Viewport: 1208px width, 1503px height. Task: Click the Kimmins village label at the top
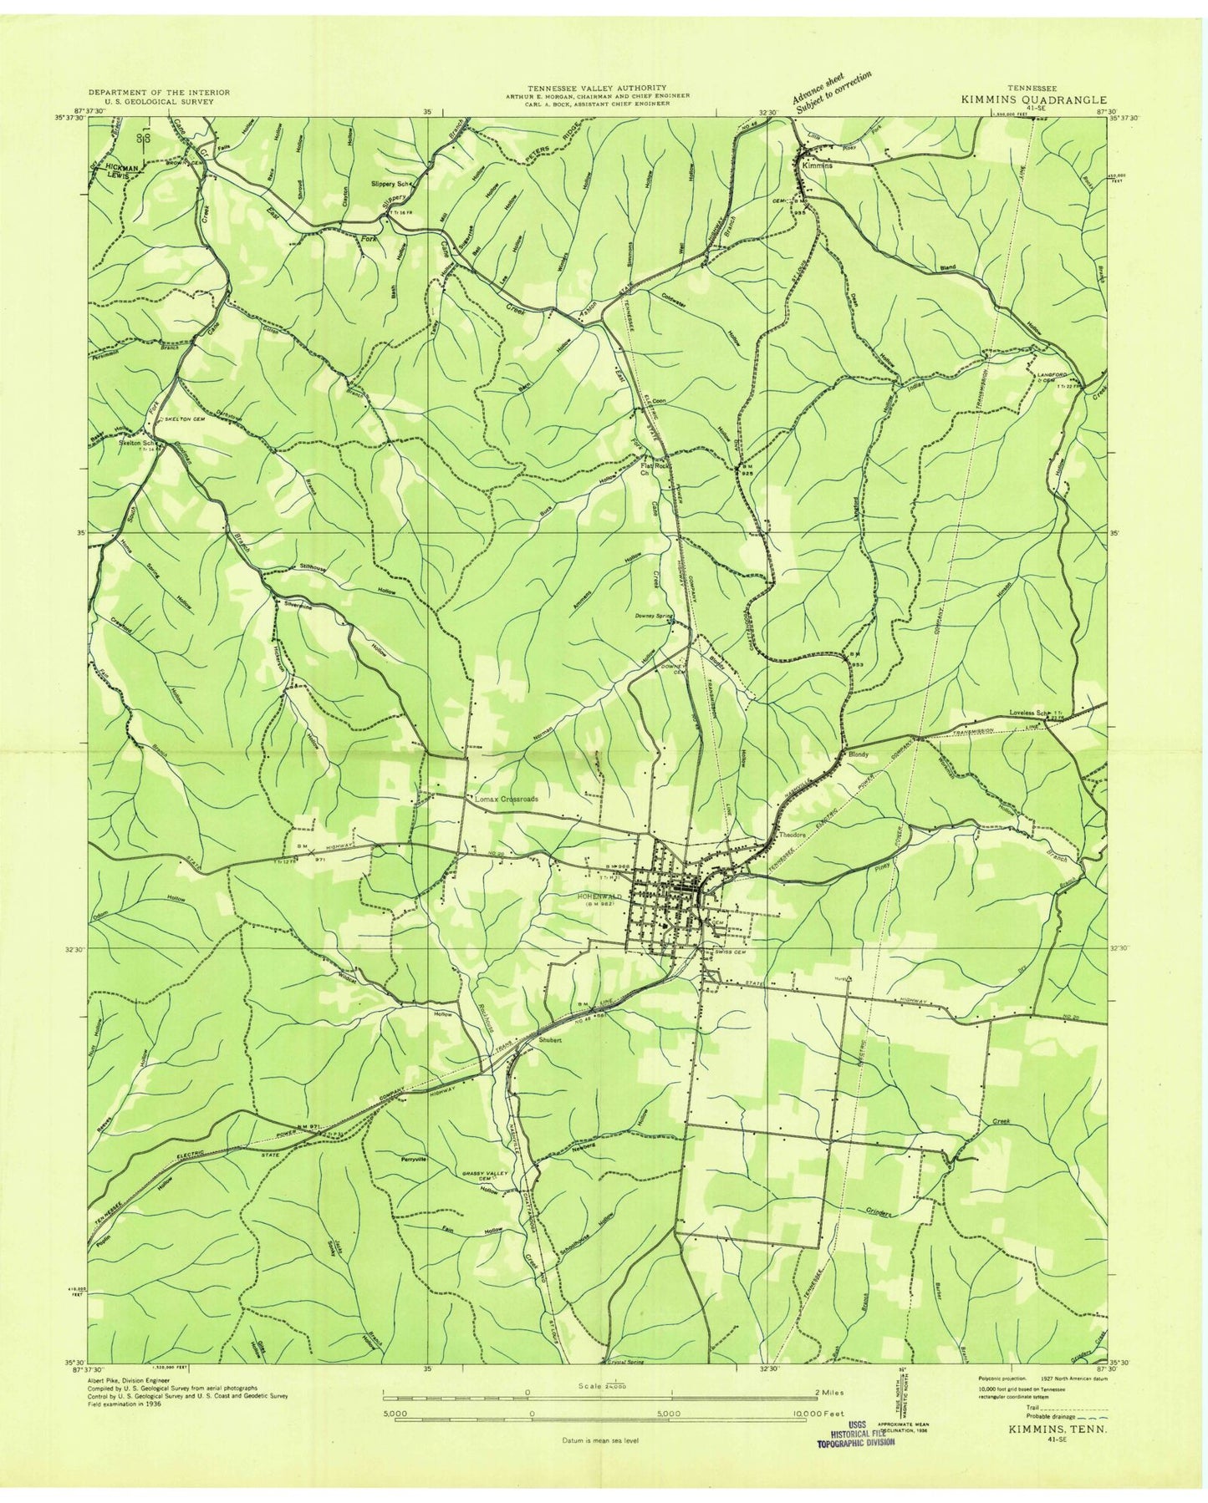pyautogui.click(x=817, y=165)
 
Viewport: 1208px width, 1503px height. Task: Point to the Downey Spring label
pyautogui.click(x=653, y=617)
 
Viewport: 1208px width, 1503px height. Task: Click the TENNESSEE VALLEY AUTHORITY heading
pyautogui.click(x=596, y=87)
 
